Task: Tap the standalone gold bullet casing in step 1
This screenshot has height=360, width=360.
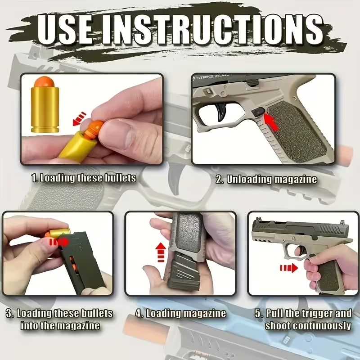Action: pos(44,108)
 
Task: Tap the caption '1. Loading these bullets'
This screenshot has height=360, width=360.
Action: pos(83,178)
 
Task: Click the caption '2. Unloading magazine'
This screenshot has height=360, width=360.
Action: pos(266,180)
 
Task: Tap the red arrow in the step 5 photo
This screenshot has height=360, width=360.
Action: pos(288,268)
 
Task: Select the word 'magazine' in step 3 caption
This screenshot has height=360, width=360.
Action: pos(79,325)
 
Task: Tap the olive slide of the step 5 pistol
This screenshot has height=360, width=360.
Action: pos(292,229)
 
